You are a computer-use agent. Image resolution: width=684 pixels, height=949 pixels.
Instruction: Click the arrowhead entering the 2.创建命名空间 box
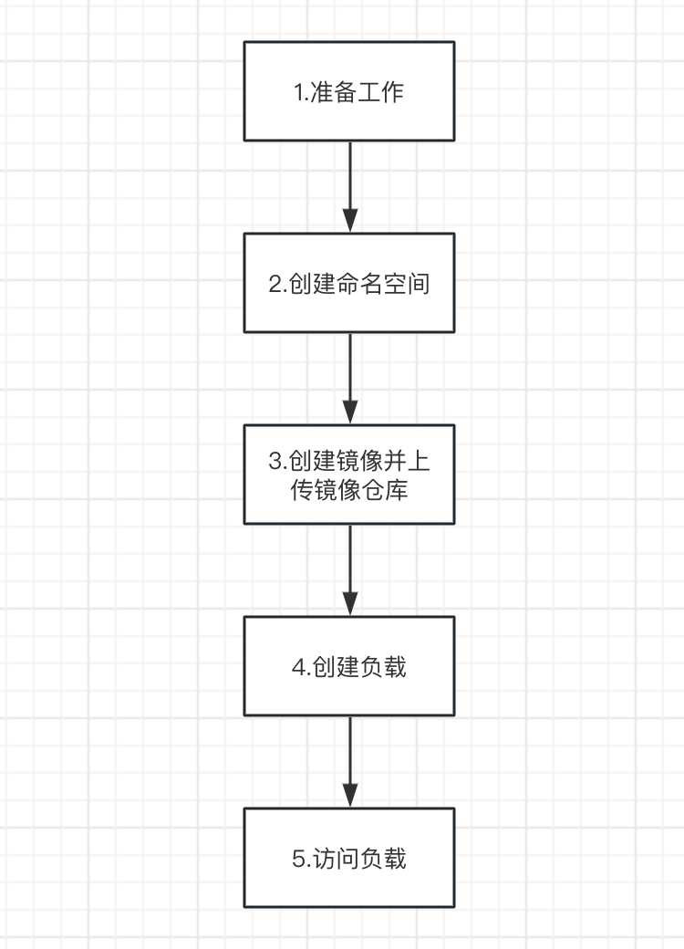[350, 221]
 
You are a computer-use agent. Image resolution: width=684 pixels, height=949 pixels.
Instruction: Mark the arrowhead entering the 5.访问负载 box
[350, 796]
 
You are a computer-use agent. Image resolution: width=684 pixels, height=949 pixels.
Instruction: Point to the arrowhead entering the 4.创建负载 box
[350, 604]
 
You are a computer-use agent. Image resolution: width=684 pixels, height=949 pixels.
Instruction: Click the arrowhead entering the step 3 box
[350, 412]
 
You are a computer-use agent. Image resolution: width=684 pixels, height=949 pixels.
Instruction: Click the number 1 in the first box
[298, 92]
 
